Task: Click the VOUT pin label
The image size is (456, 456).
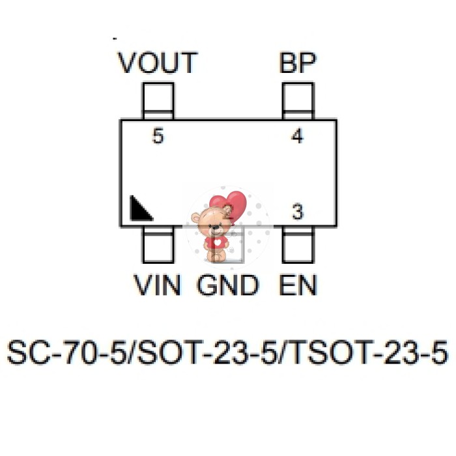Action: (x=157, y=63)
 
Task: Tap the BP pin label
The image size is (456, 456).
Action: (x=298, y=63)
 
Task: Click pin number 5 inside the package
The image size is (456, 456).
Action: (x=158, y=137)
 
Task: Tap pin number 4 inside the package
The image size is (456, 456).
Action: (x=297, y=137)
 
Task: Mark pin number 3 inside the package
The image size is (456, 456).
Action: (x=297, y=212)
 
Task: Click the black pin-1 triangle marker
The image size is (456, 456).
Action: (x=139, y=209)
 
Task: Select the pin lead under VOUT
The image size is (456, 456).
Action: (x=158, y=102)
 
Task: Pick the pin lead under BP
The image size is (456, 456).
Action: (x=298, y=102)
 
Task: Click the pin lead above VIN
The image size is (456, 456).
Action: (x=158, y=245)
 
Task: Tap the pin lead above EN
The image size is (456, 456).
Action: (x=298, y=245)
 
